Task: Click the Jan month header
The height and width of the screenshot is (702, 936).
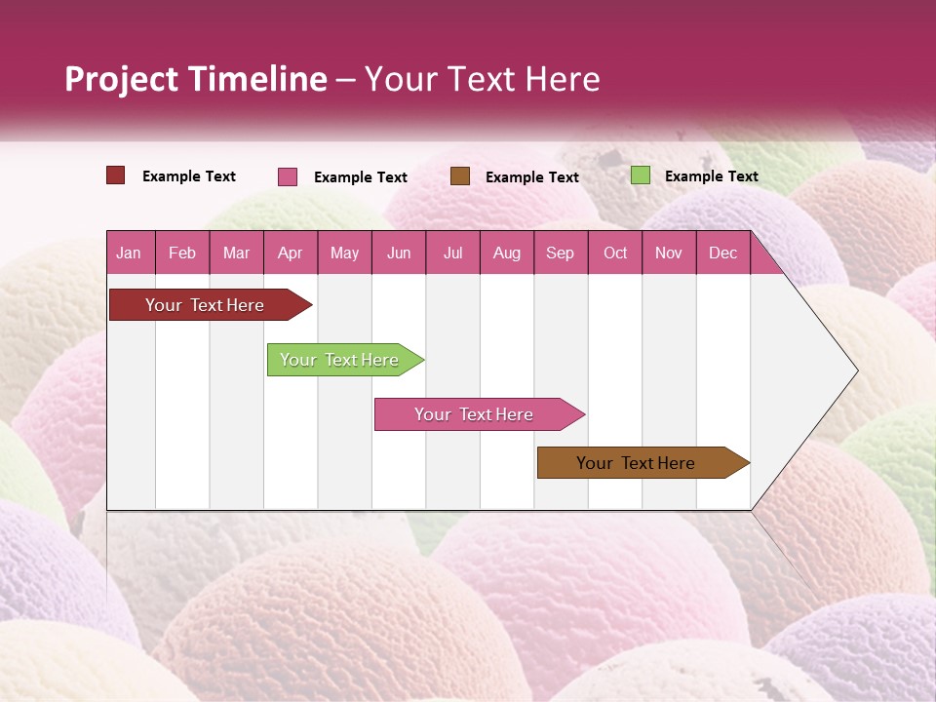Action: pos(129,253)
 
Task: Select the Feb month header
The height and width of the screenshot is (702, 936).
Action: pos(182,253)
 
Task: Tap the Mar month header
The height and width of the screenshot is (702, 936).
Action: pos(236,253)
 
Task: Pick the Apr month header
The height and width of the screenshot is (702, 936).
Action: pos(290,253)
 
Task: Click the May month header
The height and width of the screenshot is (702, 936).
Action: pos(344,253)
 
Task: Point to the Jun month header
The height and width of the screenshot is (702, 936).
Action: pos(399,253)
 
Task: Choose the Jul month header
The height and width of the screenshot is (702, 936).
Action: pos(452,253)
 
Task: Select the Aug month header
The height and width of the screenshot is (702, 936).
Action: pos(506,253)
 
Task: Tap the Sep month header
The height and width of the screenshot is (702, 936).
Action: pos(560,253)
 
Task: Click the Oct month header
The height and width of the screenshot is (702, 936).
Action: pos(615,253)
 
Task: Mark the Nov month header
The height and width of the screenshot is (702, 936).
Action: pos(669,253)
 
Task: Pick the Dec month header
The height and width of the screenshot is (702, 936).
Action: pos(722,253)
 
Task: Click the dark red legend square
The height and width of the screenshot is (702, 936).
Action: pos(116,175)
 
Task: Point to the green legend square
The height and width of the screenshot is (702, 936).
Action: pos(640,175)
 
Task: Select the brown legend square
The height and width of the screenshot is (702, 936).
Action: pos(460,175)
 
